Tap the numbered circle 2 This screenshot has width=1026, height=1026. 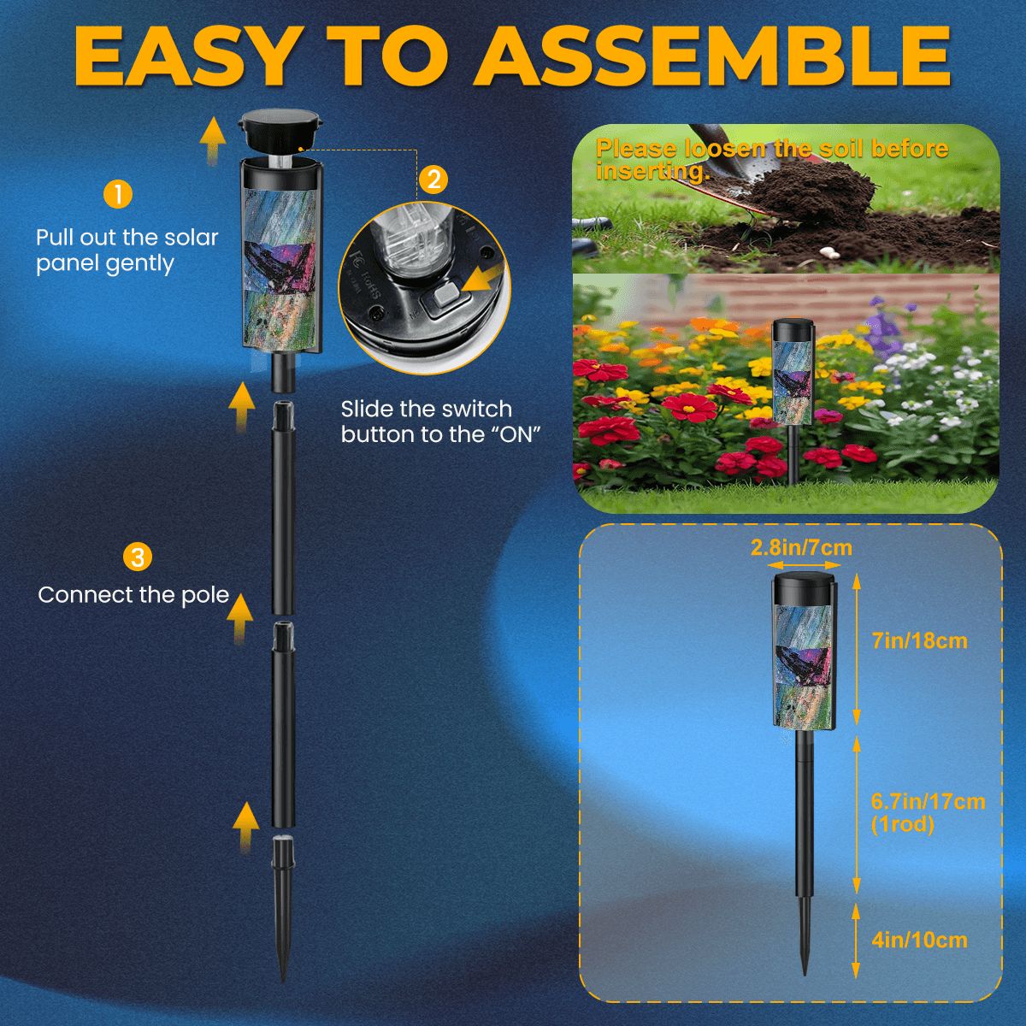point(433,180)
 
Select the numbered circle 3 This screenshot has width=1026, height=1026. point(137,557)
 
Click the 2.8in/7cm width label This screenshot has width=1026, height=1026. point(801,547)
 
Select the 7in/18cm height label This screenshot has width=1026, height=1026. point(919,640)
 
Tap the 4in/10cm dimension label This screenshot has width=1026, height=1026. point(920,940)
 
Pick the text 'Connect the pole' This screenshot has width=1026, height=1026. point(134,595)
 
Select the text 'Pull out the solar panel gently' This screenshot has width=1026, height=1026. point(127,250)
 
